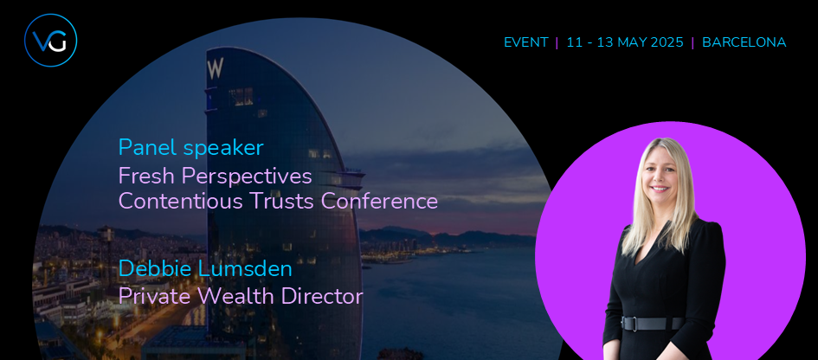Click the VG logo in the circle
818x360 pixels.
(50, 40)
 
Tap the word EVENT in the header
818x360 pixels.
(526, 42)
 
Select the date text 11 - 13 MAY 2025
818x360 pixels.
(624, 42)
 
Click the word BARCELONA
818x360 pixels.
(744, 42)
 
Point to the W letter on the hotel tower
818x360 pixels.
(216, 68)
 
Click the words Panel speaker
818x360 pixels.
(191, 148)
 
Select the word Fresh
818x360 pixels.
(146, 177)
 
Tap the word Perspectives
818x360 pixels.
(247, 177)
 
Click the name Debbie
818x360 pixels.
(151, 269)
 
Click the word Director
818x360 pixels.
(322, 296)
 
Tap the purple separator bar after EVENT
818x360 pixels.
(557, 42)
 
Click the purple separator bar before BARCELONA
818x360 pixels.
(692, 42)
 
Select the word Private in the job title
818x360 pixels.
(156, 296)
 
